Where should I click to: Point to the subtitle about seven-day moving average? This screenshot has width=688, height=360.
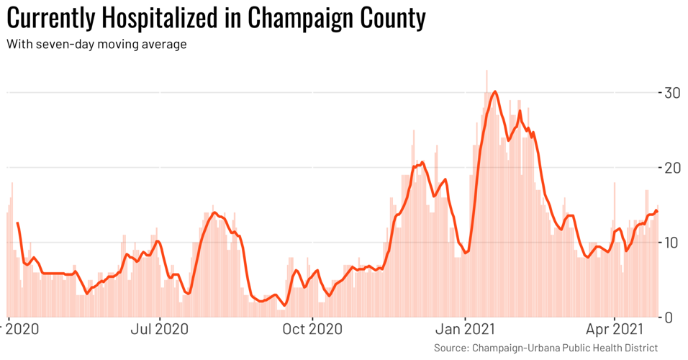[96, 45]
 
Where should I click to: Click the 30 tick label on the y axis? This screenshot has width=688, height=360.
[672, 93]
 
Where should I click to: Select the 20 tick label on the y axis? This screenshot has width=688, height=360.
[672, 168]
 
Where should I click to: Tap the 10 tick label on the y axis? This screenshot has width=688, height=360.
[672, 243]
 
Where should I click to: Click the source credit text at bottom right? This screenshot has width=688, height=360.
[546, 348]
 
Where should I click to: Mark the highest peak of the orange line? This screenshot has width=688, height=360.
[494, 91]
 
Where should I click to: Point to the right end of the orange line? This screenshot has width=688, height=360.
[656, 210]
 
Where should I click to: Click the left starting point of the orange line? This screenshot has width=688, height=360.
[17, 223]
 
